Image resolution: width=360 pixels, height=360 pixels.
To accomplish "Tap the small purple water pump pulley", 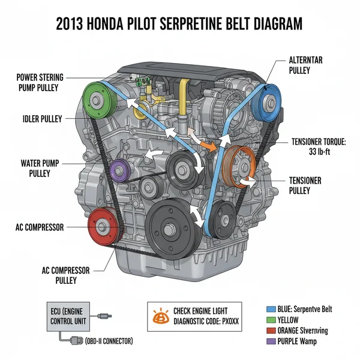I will [x=119, y=170].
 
